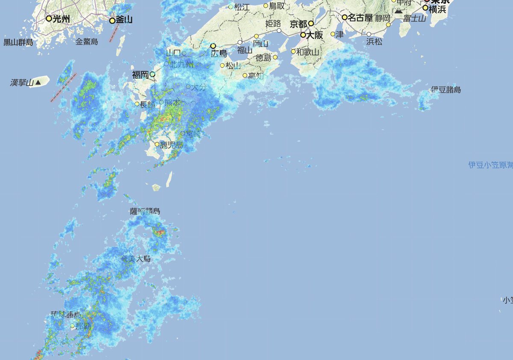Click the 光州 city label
[61, 19]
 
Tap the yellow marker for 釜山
[112, 21]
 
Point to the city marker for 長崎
[137, 104]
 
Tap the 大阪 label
[315, 35]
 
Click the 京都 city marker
[311, 24]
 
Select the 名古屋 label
[360, 18]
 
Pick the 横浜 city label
[438, 9]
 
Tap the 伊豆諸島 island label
[445, 90]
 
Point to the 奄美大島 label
[136, 259]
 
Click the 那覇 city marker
[73, 326]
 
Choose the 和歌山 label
[308, 52]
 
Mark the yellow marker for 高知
[245, 76]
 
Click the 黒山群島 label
[18, 42]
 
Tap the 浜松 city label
[374, 42]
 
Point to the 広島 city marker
[212, 46]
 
